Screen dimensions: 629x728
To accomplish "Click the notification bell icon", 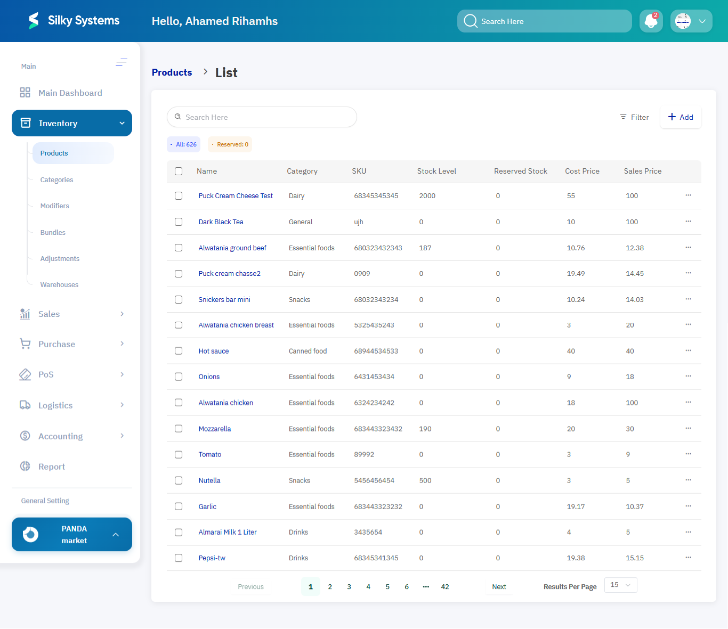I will coord(651,21).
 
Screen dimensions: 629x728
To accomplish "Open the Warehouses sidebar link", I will coord(59,285).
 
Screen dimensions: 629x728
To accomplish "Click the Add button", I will coord(681,117).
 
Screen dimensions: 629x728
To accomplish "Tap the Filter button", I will coord(634,117).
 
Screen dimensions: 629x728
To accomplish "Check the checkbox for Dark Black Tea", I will coord(179,222).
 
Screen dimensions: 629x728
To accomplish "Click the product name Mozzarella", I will coord(214,429).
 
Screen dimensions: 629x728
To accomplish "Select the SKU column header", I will coord(359,171).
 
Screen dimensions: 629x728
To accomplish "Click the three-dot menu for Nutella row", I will coord(688,480).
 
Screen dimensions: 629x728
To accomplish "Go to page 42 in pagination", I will coord(445,587).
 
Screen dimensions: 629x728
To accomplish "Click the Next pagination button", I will coord(499,587).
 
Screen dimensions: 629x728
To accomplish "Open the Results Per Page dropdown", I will coord(620,585).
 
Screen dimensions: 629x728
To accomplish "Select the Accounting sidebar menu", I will coord(60,436).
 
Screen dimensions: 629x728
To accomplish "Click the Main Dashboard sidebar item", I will coord(70,93).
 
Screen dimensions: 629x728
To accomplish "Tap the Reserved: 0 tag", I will coord(230,144).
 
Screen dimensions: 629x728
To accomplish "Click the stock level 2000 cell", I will coord(427,196).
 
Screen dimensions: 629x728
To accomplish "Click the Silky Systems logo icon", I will coord(34,21).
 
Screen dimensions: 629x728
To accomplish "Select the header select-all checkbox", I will coord(179,171).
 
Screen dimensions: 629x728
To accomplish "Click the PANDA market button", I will coord(72,534).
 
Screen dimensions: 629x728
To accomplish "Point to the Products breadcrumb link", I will coord(172,72).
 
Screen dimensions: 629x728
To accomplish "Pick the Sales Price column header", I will coord(642,171).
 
